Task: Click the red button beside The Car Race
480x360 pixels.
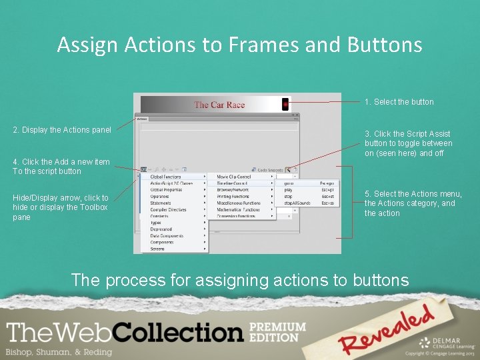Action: [x=285, y=105]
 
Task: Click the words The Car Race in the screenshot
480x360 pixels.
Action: [x=219, y=105]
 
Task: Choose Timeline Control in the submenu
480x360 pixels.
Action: [x=233, y=183]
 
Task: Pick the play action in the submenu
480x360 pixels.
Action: [x=289, y=190]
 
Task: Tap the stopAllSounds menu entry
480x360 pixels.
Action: [x=297, y=203]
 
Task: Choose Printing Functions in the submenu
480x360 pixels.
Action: [x=234, y=196]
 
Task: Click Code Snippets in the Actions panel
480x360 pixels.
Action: [x=270, y=170]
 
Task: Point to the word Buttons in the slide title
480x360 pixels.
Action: [x=385, y=45]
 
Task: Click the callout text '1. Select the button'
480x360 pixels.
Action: [x=399, y=102]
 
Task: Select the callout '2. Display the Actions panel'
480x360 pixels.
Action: [x=62, y=130]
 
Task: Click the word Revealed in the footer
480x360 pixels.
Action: [x=386, y=331]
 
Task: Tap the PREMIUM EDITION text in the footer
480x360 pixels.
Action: [x=277, y=332]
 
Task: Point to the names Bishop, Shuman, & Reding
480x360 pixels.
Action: [x=59, y=351]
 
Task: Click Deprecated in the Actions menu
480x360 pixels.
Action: [x=161, y=229]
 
